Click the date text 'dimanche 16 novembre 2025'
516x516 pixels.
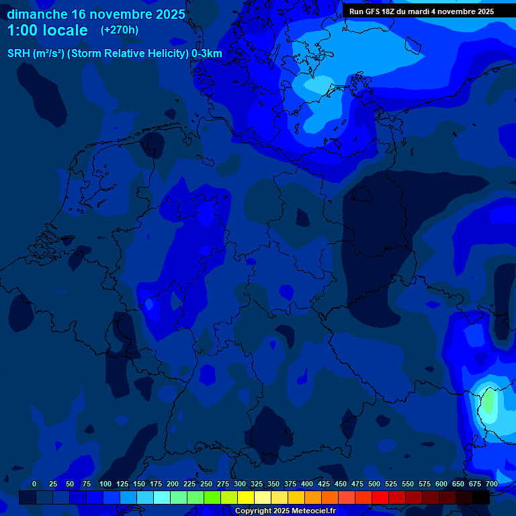96,14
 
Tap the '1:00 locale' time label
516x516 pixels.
48,30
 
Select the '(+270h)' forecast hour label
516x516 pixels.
120,30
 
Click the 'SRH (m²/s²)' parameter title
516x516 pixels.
36,54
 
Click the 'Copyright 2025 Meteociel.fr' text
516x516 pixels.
285,511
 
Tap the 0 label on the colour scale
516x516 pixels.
34,484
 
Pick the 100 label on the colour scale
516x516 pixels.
105,484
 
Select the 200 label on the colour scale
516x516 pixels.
173,484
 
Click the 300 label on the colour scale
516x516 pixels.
240,484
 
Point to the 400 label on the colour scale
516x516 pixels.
307,484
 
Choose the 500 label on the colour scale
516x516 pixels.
374,484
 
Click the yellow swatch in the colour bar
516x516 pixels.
246,497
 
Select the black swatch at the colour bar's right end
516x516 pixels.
481,497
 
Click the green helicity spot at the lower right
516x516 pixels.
488,402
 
